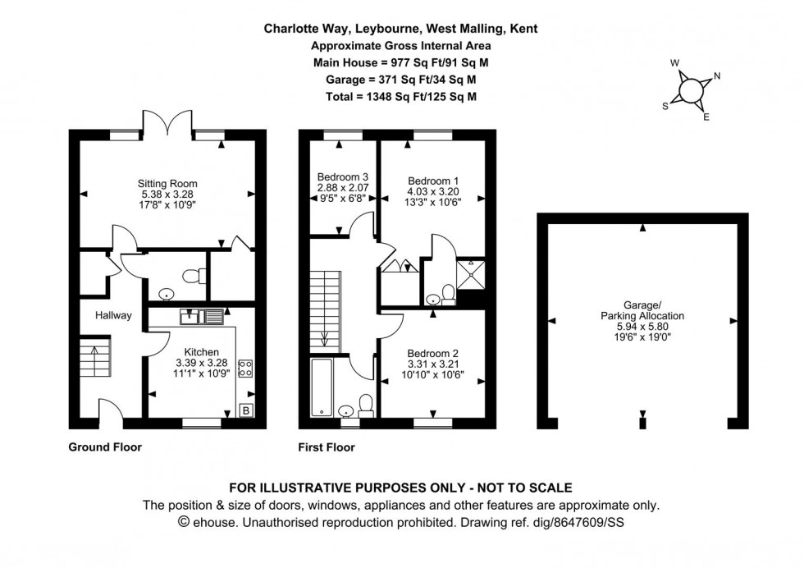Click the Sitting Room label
pyautogui.click(x=167, y=183)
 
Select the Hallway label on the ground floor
pyautogui.click(x=106, y=315)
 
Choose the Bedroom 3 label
pyautogui.click(x=342, y=176)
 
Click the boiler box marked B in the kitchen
pyautogui.click(x=245, y=410)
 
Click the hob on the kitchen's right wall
pyautogui.click(x=244, y=368)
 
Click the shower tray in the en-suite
pyautogui.click(x=470, y=273)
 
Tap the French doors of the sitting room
pyautogui.click(x=169, y=123)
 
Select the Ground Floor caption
pyautogui.click(x=105, y=447)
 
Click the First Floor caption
pyautogui.click(x=327, y=447)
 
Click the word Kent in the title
pyautogui.click(x=523, y=28)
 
